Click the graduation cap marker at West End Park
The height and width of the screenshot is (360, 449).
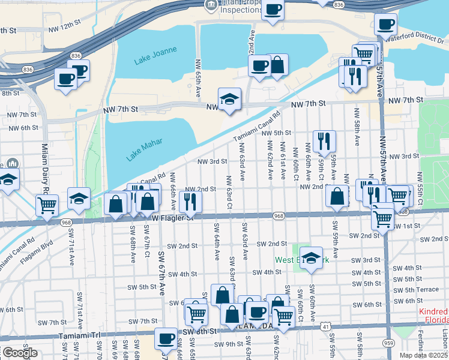(x=310, y=258)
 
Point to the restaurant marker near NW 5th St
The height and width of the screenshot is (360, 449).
(x=324, y=141)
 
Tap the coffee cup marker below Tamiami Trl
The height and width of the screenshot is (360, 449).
(x=166, y=338)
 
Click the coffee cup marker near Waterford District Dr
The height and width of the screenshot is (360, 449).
(x=385, y=24)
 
